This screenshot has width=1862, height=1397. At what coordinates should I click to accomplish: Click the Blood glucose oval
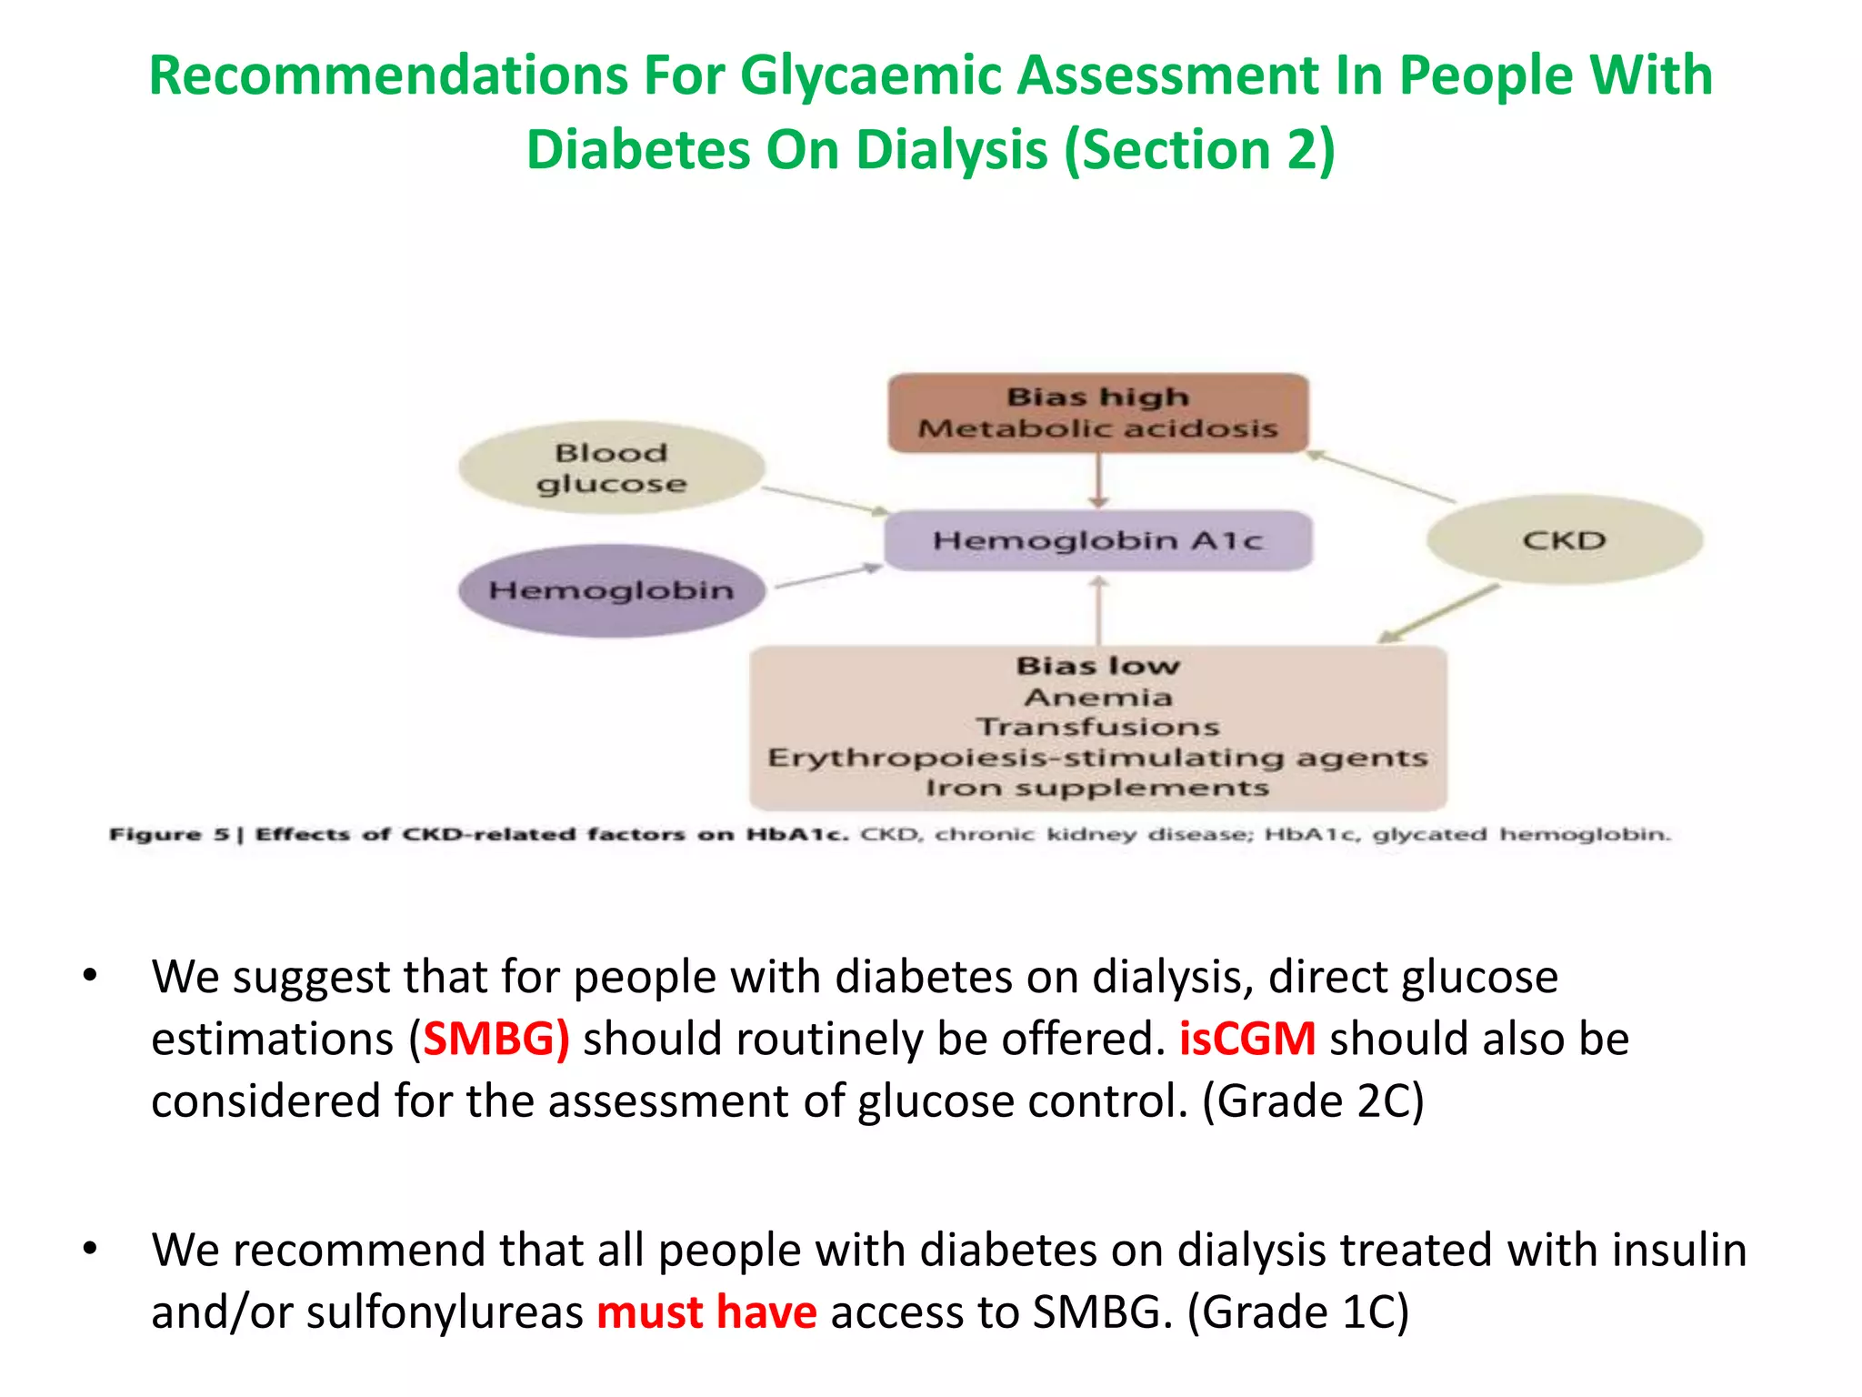611,467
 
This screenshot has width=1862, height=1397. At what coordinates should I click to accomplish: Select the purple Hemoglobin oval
611,590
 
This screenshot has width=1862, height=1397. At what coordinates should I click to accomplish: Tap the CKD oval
1564,540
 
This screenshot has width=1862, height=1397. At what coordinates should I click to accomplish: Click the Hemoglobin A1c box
1097,540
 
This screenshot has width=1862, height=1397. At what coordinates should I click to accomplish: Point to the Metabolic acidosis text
1097,428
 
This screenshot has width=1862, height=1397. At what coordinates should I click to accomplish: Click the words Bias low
1097,666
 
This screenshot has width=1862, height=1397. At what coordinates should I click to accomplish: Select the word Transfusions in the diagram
1097,727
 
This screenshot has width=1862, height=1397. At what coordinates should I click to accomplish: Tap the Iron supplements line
1097,788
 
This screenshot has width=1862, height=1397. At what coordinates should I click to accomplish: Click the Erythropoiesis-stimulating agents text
1097,758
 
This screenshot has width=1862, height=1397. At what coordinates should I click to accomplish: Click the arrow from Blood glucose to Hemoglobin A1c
826,500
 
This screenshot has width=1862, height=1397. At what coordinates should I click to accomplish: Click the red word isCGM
1246,1039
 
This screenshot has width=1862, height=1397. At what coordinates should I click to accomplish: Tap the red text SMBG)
496,1039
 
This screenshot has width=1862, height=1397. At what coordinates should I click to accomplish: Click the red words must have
706,1312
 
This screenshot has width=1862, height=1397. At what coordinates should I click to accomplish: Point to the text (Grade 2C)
1313,1101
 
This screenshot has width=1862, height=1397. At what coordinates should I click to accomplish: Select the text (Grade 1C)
1298,1312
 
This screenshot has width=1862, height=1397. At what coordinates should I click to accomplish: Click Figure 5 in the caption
169,835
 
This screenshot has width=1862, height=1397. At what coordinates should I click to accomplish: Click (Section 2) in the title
1199,149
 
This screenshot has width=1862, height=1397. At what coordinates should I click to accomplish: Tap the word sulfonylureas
445,1312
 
